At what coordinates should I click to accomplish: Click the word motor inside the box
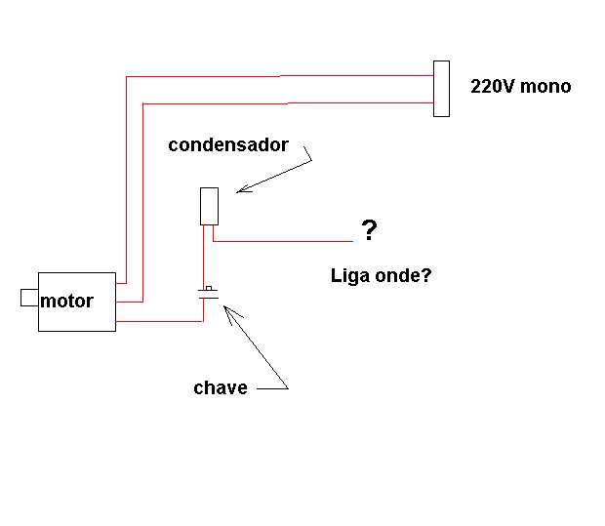66,301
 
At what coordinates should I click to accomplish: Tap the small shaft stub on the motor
29,298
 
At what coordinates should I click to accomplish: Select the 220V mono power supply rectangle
441,89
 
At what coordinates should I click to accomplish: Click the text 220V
493,86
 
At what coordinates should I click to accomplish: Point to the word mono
545,87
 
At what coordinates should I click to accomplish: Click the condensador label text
228,145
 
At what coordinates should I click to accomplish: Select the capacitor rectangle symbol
209,207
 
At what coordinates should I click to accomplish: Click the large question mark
369,230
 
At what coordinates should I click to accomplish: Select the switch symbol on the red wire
209,294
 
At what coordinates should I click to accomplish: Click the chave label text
221,387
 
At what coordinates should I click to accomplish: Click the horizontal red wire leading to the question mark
283,242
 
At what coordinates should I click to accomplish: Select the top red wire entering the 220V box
280,76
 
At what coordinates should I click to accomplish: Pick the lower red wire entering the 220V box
288,103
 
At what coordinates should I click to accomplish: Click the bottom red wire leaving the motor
159,321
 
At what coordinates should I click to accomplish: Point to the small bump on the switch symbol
209,288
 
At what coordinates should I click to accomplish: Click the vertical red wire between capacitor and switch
203,257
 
